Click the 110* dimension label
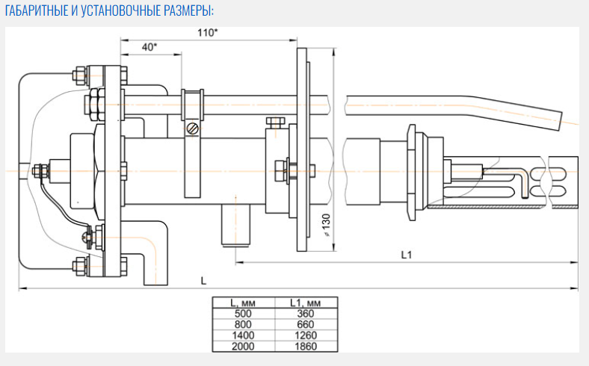coord(208,32)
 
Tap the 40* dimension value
coord(149,46)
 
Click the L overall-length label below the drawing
coord(203,280)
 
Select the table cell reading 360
coord(304,314)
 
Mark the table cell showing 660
coord(304,324)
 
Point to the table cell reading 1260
coord(304,335)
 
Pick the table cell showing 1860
coord(304,345)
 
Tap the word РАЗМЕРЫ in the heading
coord(186,11)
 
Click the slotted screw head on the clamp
coord(193,129)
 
